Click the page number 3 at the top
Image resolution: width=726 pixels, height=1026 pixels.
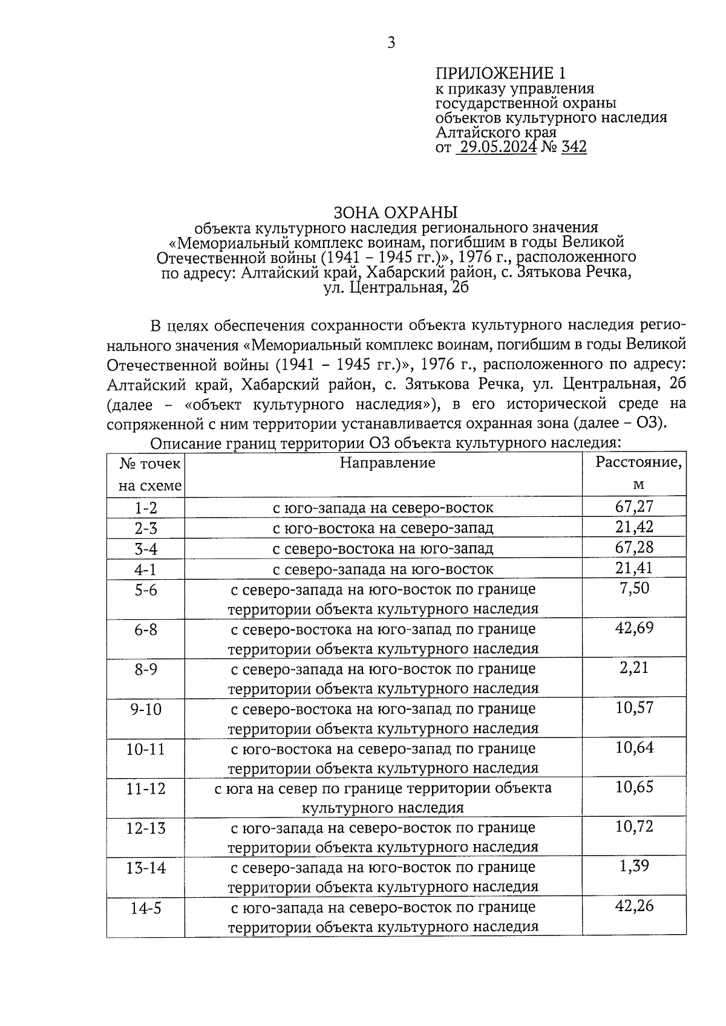tap(391, 43)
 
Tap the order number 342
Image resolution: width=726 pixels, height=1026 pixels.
tap(574, 147)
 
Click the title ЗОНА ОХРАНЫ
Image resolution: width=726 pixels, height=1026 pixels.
tap(396, 212)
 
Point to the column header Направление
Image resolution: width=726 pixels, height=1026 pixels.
tap(387, 463)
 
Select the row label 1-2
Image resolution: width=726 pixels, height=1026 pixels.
tap(146, 508)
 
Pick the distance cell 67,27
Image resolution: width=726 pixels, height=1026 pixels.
tap(634, 507)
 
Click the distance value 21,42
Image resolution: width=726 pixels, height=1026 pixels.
tap(634, 527)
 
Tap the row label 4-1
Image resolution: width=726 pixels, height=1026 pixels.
tap(146, 570)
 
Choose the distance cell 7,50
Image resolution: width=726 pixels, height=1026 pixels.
tap(634, 588)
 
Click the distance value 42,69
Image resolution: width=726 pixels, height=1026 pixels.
tap(634, 628)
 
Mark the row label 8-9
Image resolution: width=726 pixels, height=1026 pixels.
tap(146, 669)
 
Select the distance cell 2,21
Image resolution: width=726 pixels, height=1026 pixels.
tap(634, 667)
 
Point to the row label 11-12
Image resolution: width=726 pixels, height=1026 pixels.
tap(146, 788)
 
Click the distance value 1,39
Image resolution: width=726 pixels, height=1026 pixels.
tap(634, 866)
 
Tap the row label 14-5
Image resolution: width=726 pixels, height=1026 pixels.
tap(146, 907)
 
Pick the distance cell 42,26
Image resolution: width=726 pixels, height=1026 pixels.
tap(634, 906)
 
